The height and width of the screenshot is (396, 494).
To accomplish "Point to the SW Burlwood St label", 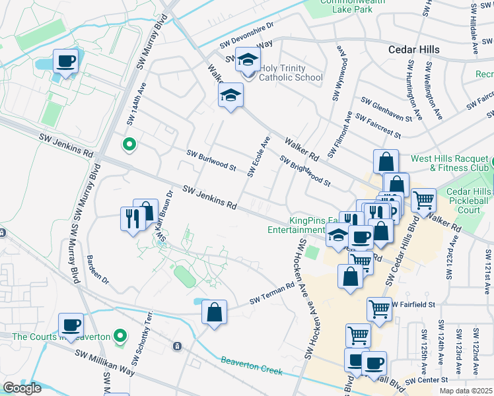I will [x=211, y=160].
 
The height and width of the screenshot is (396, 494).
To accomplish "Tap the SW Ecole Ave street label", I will [x=259, y=157].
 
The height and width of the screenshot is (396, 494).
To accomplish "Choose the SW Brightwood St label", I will [x=304, y=171].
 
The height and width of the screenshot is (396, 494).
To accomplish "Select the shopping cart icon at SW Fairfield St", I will [x=379, y=308].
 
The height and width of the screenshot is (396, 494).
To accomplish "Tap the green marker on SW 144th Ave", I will [x=129, y=143].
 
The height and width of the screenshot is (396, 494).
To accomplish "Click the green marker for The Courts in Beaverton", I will [x=120, y=336].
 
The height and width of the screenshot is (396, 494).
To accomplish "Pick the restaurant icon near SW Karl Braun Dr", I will [x=133, y=217].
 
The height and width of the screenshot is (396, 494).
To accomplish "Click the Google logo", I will [x=22, y=388].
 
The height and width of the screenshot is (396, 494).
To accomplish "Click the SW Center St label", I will [x=427, y=380].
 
